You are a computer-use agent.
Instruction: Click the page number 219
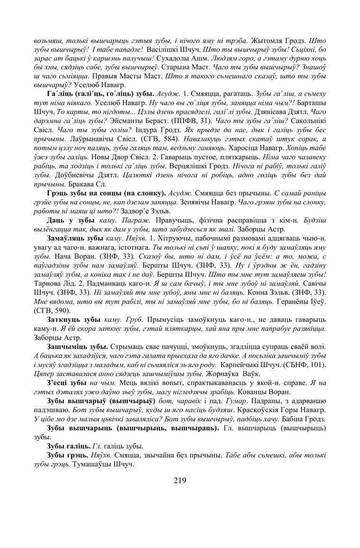[x=180, y=480]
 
